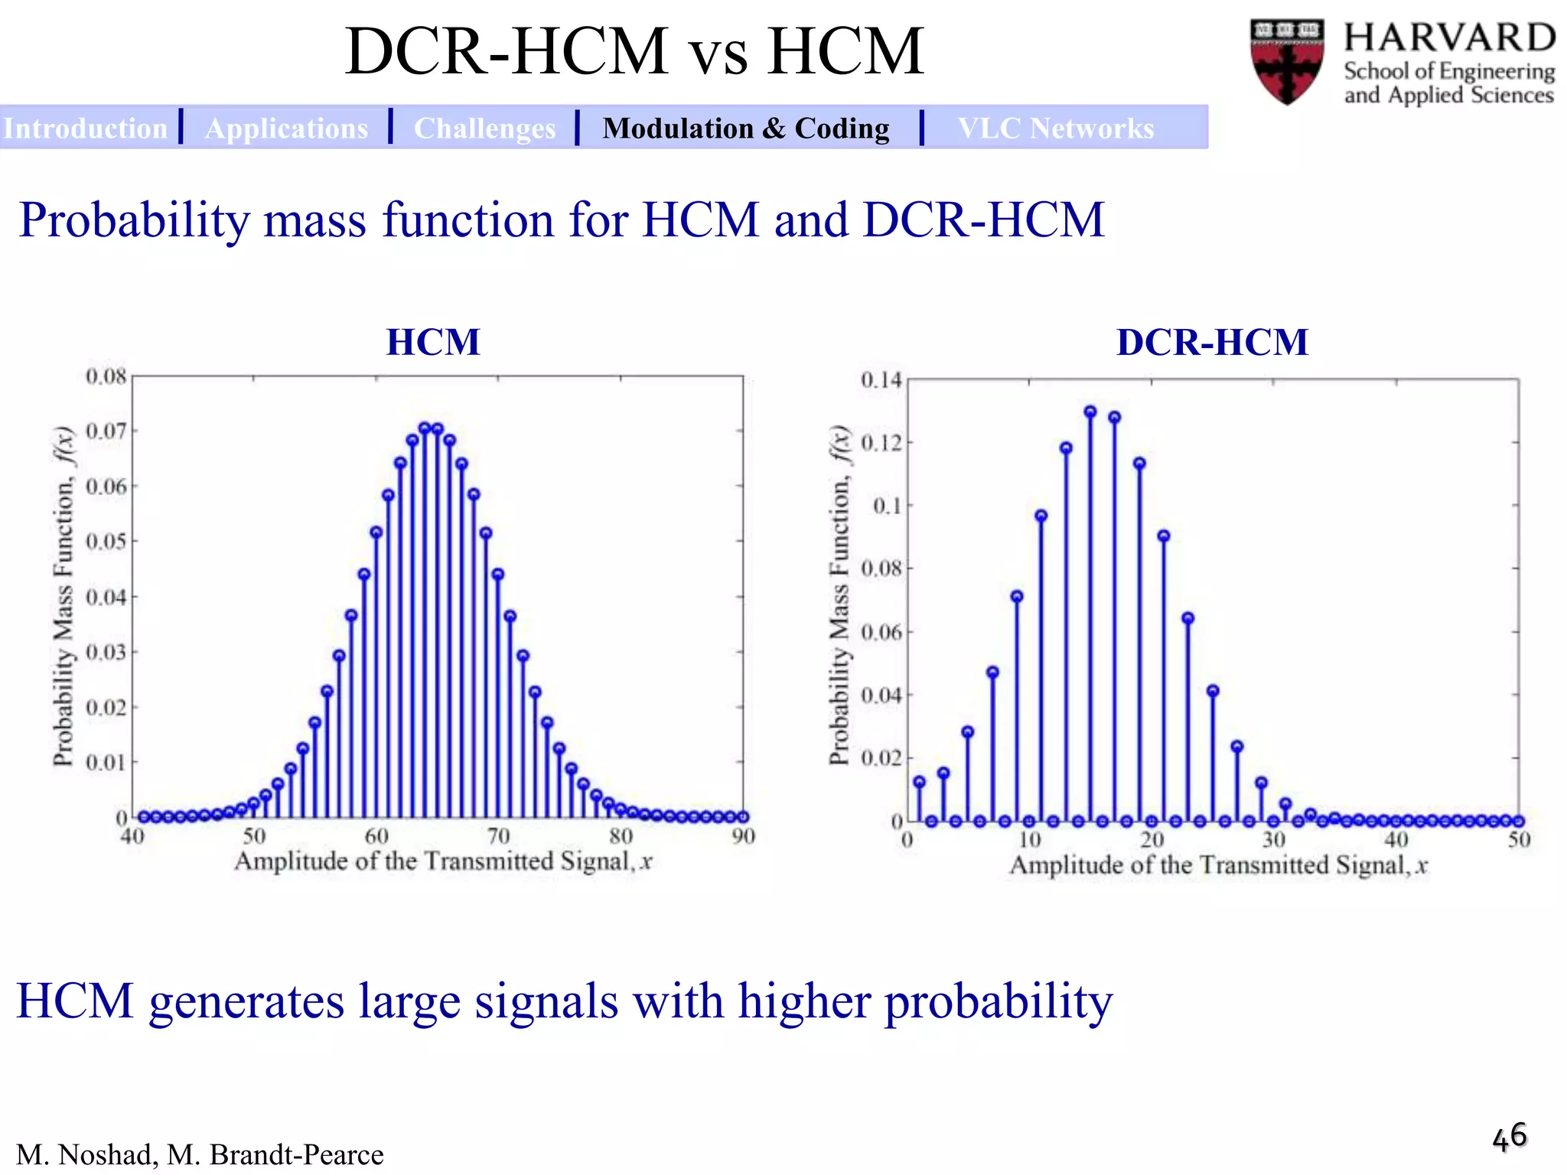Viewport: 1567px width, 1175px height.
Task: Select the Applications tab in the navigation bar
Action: point(286,129)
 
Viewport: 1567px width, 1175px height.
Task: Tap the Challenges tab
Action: point(484,129)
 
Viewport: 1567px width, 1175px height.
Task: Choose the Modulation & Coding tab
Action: point(745,129)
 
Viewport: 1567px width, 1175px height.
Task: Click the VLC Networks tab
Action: point(1055,129)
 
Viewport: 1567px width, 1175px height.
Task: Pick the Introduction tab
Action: point(85,129)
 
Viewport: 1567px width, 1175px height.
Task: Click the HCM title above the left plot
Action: point(433,342)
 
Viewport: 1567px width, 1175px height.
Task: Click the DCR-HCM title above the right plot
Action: point(1212,342)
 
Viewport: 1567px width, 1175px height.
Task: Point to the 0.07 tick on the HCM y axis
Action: point(106,431)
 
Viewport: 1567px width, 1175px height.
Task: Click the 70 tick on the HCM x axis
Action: point(498,836)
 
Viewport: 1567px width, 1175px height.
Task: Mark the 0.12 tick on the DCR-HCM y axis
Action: point(881,443)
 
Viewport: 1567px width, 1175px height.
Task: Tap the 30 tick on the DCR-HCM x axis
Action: point(1273,840)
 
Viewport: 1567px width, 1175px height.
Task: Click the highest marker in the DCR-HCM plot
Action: point(1090,412)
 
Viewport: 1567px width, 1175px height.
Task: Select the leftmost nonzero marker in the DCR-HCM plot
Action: point(920,782)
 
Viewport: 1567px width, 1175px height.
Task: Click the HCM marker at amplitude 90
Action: point(742,817)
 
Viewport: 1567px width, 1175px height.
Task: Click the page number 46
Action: point(1509,1137)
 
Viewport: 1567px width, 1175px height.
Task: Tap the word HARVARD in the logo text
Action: point(1449,38)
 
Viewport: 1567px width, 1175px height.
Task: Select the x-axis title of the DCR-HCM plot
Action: point(1218,865)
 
